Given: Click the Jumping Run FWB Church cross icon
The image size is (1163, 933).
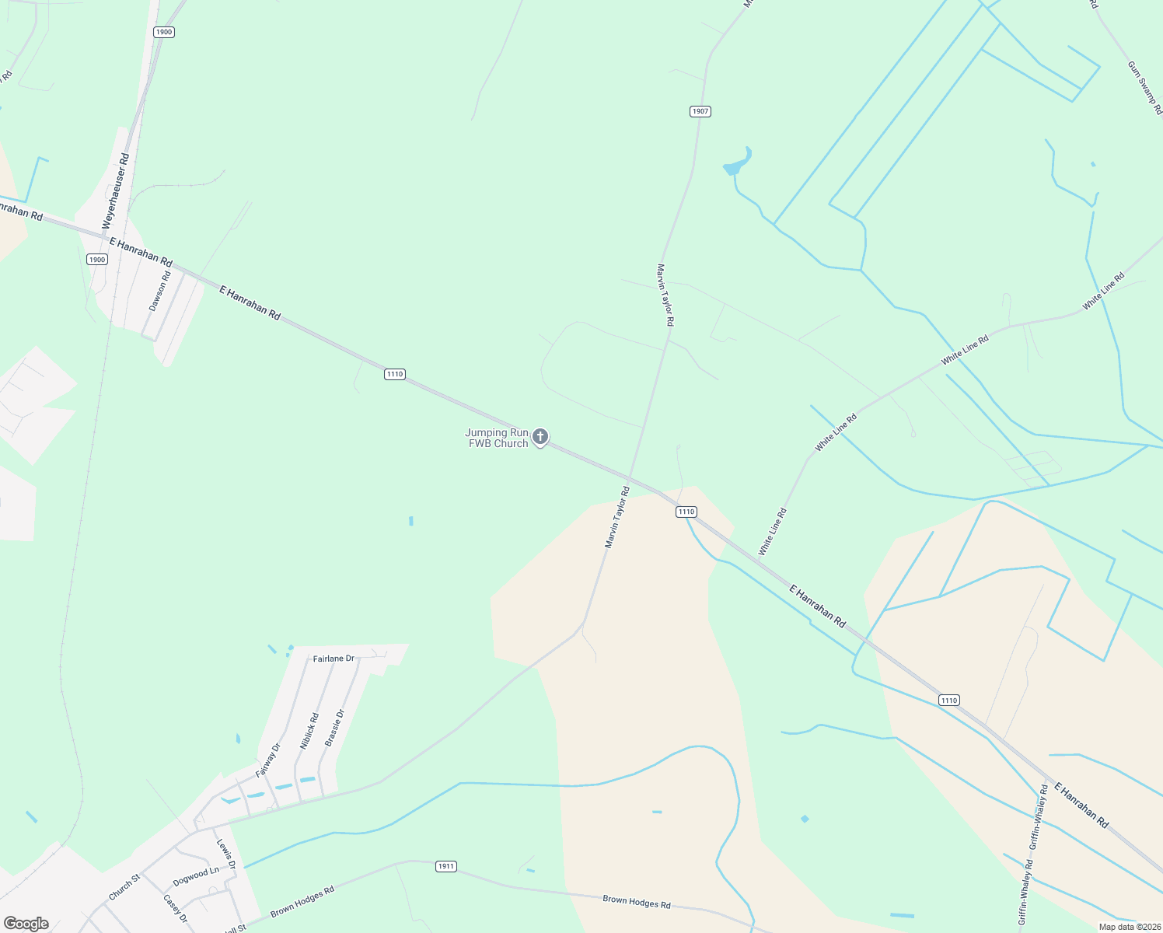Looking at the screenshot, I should click(540, 437).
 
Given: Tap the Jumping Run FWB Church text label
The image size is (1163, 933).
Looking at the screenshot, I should click(497, 439).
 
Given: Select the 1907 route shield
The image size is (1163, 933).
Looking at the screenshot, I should click(700, 111).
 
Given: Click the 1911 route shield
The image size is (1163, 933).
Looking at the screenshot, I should click(445, 866).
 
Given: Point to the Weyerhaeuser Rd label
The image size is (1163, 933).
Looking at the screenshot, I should click(116, 190).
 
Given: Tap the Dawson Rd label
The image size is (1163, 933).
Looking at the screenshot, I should click(159, 292).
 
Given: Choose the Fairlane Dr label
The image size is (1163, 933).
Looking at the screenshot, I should click(334, 659).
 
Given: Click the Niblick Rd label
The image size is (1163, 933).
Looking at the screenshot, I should click(309, 731).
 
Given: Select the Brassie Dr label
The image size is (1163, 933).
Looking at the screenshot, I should click(334, 728).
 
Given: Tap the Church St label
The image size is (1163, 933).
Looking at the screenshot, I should click(124, 887).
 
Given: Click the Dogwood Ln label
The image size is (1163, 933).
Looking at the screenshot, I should click(196, 876).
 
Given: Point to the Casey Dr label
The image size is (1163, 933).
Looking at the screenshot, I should click(175, 908).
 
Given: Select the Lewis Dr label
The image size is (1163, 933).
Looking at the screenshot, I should click(225, 854).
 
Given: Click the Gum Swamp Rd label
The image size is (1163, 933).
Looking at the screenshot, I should click(1144, 88).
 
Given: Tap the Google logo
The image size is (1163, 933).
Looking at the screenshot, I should click(26, 924).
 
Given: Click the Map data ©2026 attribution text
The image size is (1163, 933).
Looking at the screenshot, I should click(1129, 927).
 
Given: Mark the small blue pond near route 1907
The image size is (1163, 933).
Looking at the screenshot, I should click(737, 162).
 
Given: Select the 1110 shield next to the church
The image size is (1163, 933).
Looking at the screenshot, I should click(395, 374).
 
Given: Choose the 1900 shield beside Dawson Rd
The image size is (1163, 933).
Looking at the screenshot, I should click(97, 260).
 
